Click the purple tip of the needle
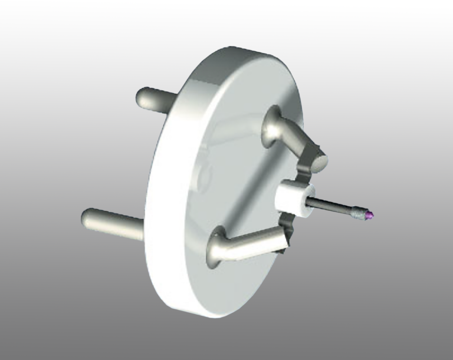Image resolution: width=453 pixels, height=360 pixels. [x=369, y=214]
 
